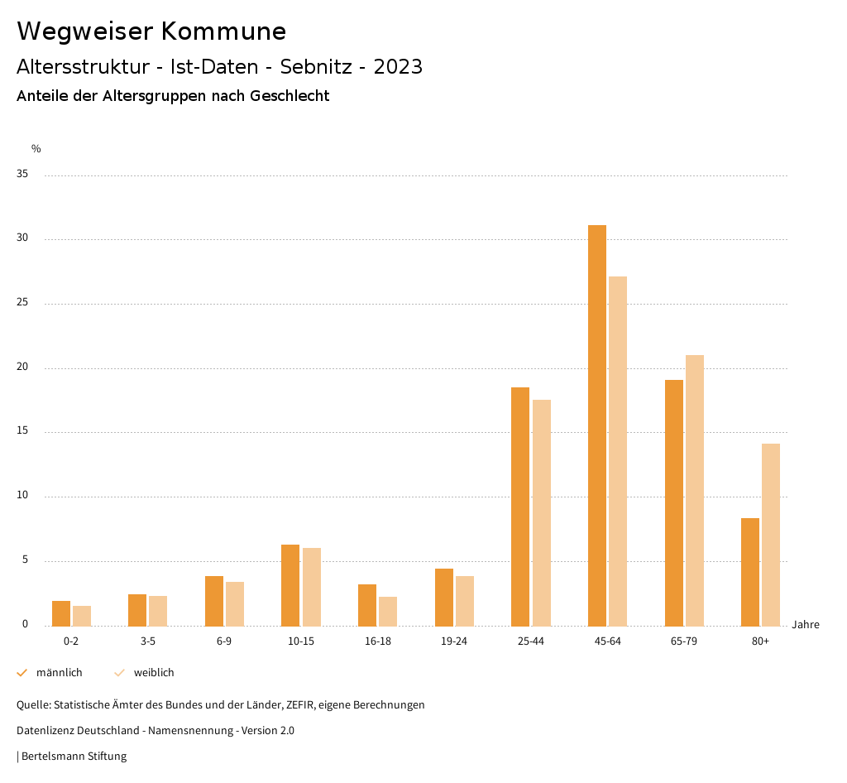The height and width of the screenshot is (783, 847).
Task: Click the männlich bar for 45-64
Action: point(597,425)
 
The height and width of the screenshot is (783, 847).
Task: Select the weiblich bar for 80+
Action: point(771,535)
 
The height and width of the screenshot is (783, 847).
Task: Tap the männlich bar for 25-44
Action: point(520,507)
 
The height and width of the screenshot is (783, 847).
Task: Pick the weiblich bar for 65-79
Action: point(695,490)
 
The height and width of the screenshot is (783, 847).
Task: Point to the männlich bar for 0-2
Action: point(61,613)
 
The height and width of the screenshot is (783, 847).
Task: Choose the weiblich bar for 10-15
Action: point(312,587)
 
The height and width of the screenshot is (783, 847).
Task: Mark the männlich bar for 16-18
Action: point(367,605)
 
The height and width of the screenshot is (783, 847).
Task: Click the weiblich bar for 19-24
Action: point(465,601)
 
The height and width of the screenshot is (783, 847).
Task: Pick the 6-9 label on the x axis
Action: point(224,641)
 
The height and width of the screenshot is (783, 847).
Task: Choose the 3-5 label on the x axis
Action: point(147,641)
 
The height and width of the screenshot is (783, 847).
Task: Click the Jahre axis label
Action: point(806,625)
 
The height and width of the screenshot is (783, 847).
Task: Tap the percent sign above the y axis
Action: point(36,149)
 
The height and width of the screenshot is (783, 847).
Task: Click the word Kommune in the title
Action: point(223,31)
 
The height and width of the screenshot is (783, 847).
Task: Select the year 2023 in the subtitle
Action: point(398,67)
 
